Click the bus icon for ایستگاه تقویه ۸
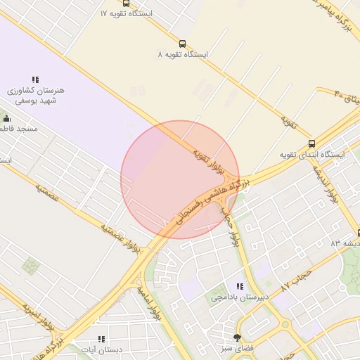tap(183, 43)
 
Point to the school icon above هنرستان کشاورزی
tap(35, 80)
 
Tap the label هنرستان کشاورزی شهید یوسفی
tap(36, 96)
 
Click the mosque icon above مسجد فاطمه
tap(7, 118)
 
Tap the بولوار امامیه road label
tap(149, 302)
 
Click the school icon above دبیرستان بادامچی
tap(240, 286)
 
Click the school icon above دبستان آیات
tap(102, 338)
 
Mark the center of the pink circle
tap(180, 179)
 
